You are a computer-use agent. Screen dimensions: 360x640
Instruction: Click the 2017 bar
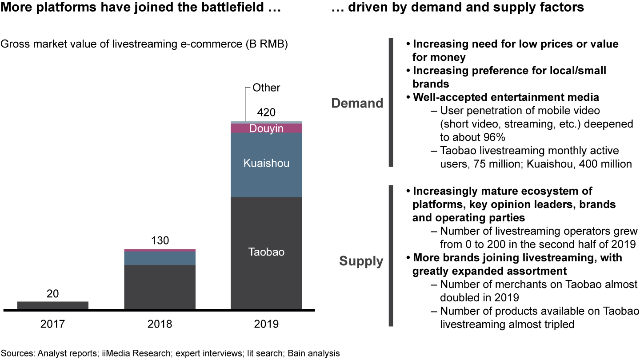[x=52, y=305]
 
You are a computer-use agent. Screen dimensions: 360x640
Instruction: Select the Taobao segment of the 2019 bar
[x=266, y=252]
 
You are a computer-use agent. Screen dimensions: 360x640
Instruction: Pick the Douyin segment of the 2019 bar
[x=266, y=128]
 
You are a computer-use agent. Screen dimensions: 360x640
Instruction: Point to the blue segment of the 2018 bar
[x=160, y=258]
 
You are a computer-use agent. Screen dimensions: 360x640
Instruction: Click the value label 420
[x=266, y=112]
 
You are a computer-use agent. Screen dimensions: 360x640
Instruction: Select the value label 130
[x=160, y=241]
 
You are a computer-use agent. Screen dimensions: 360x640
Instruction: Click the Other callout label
[x=266, y=88]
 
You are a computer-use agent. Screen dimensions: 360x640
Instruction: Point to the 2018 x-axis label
[x=160, y=324]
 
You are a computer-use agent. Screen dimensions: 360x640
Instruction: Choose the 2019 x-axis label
[x=266, y=324]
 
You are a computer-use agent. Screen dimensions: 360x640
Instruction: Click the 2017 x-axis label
[x=52, y=324]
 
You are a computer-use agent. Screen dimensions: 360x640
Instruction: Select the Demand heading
[x=357, y=103]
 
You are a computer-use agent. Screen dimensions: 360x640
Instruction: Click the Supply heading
[x=361, y=261]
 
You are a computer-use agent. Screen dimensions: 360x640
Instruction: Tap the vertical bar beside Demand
[x=391, y=102]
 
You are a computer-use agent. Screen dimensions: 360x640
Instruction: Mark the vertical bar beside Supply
[x=391, y=256]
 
